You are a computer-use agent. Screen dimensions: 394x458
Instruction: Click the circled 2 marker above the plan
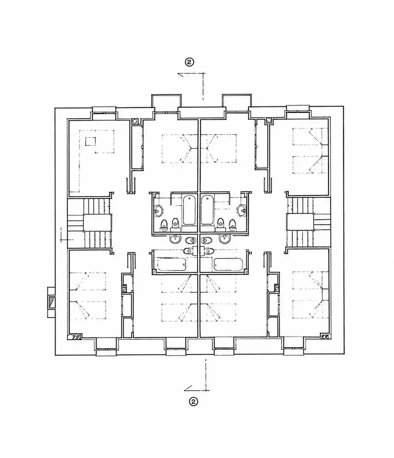190,62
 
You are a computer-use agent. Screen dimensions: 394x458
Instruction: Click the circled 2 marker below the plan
193,401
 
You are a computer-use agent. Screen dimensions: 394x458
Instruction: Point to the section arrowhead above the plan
181,75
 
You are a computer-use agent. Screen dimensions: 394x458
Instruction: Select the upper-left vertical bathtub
189,210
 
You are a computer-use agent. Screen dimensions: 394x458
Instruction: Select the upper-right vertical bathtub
207,210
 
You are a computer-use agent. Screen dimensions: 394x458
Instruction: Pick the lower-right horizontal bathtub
228,264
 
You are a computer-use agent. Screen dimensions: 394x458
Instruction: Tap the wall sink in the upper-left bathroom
159,210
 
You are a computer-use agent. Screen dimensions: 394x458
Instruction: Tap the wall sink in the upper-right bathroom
242,210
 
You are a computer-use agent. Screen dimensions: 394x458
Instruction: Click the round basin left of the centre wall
175,239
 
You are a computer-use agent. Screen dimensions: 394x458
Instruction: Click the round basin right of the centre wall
224,239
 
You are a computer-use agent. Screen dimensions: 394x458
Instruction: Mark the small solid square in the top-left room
90,141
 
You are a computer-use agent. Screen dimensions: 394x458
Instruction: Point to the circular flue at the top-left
135,120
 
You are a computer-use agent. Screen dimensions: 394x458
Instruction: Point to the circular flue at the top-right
269,120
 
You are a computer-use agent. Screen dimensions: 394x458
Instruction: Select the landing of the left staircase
97,223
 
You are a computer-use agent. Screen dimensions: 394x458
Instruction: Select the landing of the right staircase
300,223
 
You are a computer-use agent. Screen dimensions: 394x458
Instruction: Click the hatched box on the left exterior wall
52,302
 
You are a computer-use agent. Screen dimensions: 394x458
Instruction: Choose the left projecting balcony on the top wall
166,101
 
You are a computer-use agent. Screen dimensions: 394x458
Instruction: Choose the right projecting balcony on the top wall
237,101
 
